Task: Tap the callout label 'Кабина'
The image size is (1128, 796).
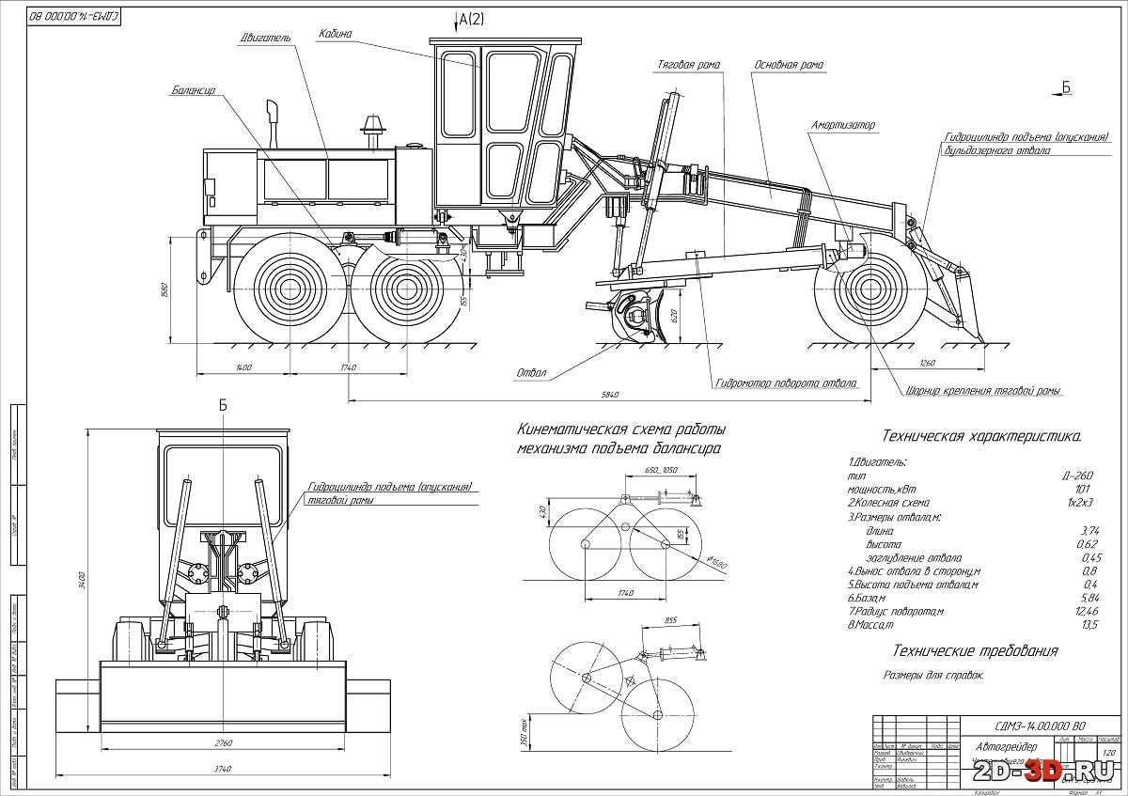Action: coord(334,33)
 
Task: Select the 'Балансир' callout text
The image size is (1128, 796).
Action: coord(194,91)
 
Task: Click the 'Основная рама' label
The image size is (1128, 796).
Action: coord(789,65)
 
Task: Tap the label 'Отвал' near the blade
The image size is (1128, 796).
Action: coord(531,373)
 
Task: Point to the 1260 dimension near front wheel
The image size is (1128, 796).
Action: coord(928,362)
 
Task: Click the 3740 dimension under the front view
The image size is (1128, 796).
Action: coord(223,766)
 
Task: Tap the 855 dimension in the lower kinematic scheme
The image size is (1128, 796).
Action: coord(671,621)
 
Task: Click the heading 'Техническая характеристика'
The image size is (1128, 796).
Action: coord(980,436)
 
